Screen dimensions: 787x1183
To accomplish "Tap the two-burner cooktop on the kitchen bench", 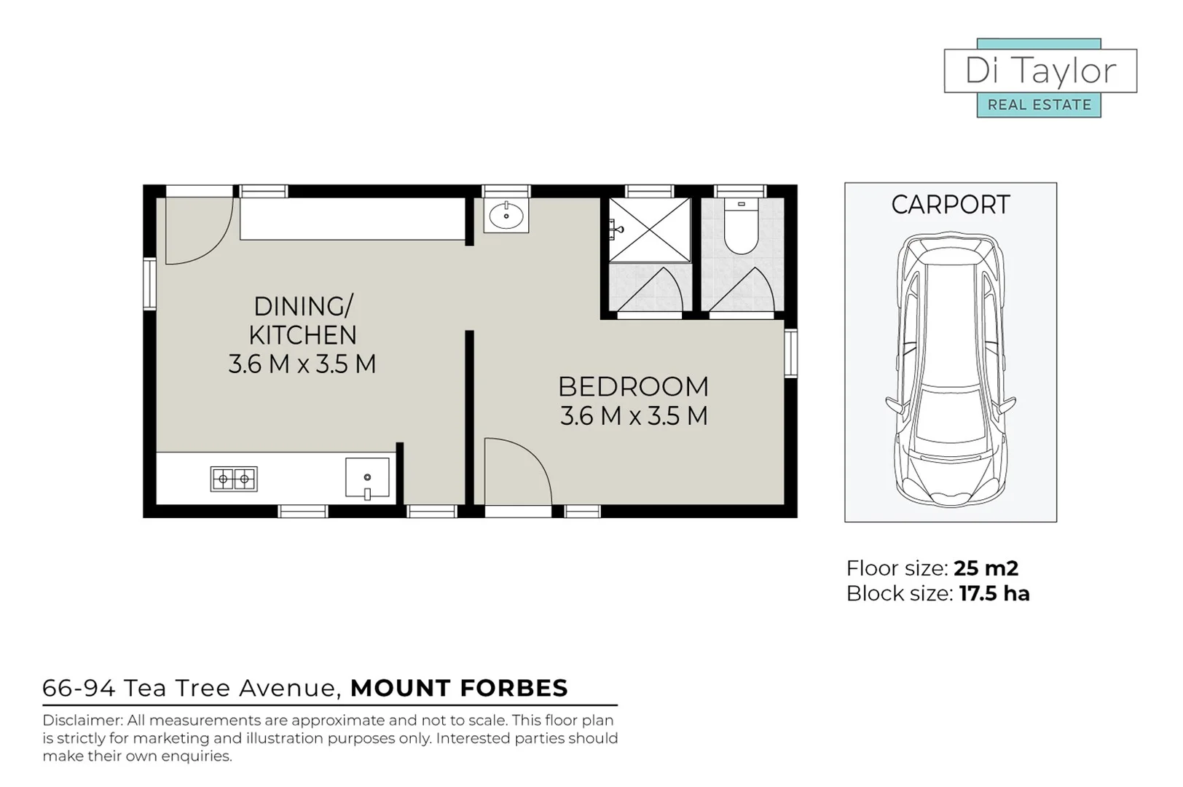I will tap(234, 479).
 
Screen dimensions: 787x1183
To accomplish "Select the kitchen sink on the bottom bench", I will tap(366, 478).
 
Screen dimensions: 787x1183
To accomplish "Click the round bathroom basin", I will tap(506, 215).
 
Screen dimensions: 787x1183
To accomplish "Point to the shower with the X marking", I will tap(649, 230).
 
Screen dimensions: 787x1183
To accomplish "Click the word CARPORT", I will tap(950, 205).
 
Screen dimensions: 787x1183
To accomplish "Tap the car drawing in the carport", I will tap(950, 372).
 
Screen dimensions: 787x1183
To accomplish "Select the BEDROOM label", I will tap(633, 386).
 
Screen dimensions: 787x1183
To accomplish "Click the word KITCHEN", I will tap(302, 335).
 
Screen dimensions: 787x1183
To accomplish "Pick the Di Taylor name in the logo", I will tap(1039, 71).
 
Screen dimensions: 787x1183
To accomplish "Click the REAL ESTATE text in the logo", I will tap(1039, 105).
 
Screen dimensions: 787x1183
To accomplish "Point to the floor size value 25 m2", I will tap(986, 568).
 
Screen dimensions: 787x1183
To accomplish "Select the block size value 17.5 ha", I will tap(994, 593).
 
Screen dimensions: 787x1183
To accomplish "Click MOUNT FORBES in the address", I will tap(459, 688).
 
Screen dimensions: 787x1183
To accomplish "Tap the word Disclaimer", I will tap(82, 720).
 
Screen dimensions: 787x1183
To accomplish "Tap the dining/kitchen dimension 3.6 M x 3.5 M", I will tap(302, 364).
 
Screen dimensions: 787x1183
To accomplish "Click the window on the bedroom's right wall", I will tap(790, 353).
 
